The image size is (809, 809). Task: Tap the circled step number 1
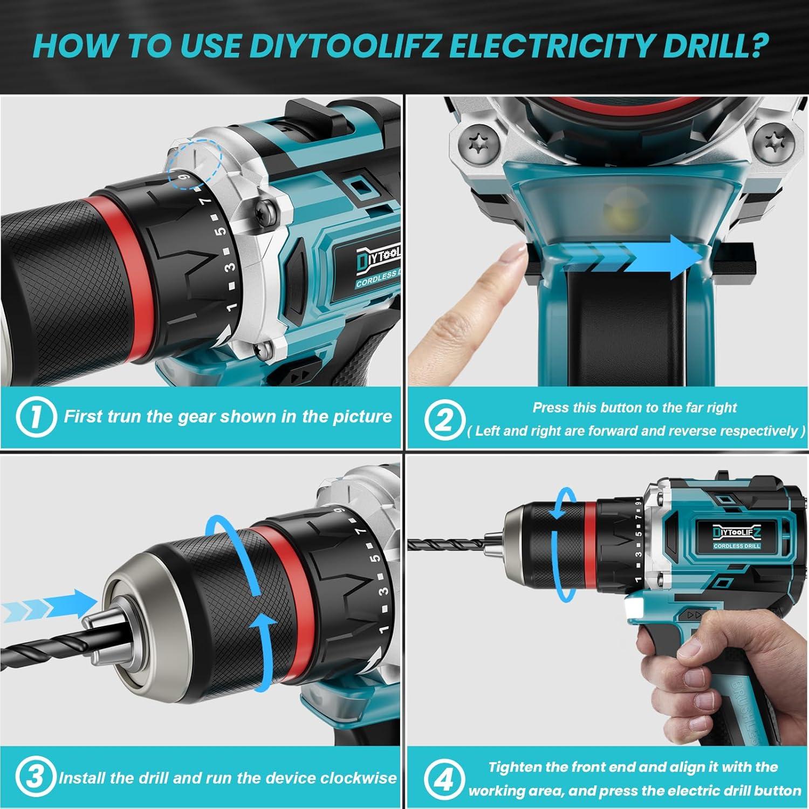click(x=36, y=417)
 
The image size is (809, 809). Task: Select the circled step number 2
click(x=444, y=419)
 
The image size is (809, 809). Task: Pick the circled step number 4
click(x=444, y=779)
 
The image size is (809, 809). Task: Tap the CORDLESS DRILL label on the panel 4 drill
click(x=736, y=546)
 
